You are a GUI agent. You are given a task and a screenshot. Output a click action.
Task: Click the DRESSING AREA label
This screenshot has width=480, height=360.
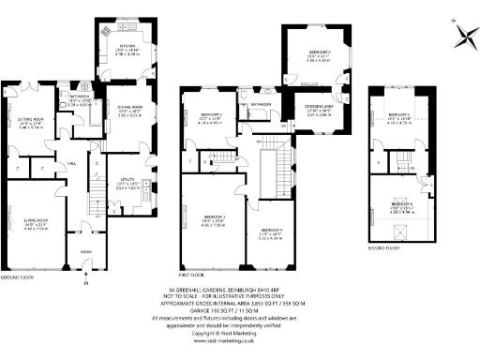point(315,112)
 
